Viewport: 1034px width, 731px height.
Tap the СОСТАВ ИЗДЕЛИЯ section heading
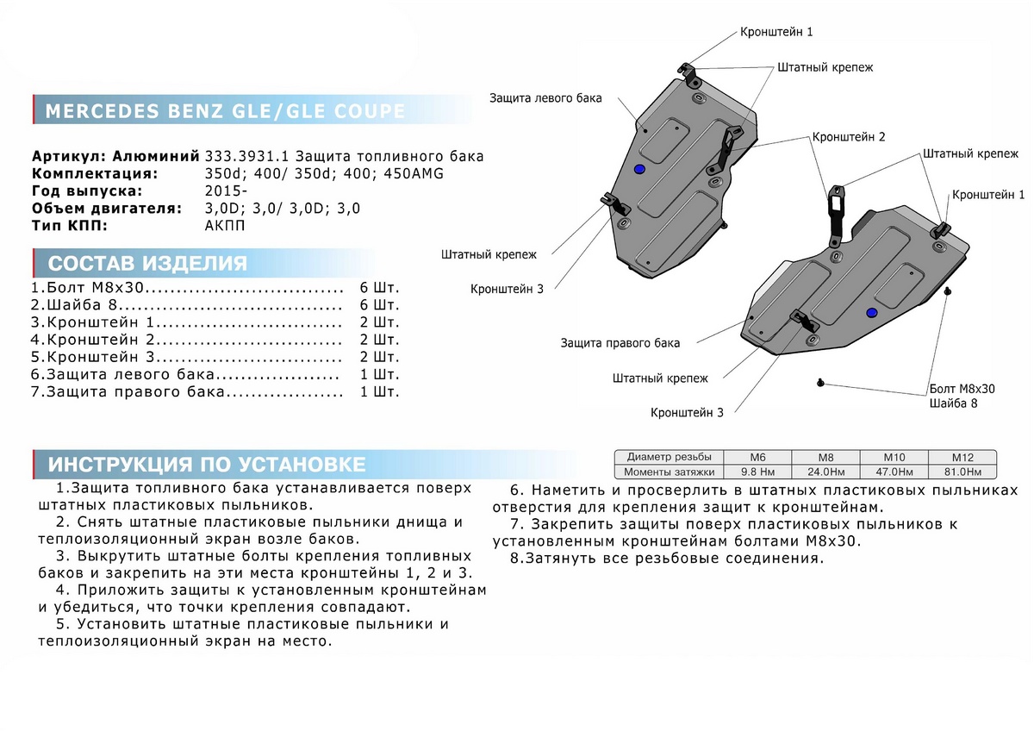coord(147,264)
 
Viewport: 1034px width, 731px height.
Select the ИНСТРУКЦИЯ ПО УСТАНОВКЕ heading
coord(207,465)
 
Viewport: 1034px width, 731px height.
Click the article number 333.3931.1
coord(248,157)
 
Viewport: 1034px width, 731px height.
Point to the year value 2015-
coord(226,191)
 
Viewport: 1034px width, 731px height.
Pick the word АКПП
coord(226,226)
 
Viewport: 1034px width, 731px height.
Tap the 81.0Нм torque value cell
coord(962,472)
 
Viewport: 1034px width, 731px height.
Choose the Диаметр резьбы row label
coord(670,457)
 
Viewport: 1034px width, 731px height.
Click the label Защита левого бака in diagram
coord(545,98)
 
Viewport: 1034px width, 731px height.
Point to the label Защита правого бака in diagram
coord(620,343)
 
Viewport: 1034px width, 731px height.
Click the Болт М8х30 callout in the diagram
coord(962,389)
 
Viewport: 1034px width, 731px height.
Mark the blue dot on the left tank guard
coord(638,169)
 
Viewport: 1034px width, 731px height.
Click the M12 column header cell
coord(962,457)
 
